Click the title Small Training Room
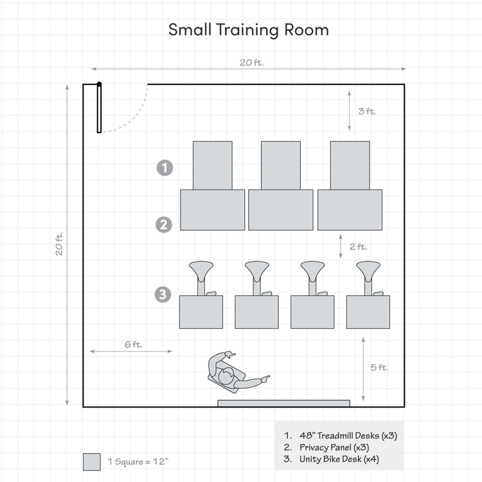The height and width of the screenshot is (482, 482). tap(248, 30)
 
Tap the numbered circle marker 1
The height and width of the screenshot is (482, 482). tap(165, 168)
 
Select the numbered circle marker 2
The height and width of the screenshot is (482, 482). tap(164, 224)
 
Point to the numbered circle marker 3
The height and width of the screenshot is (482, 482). tap(163, 294)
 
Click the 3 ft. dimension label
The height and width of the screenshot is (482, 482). tap(367, 111)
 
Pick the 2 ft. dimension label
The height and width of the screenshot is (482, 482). tap(358, 247)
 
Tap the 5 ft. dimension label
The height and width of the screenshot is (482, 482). tap(379, 368)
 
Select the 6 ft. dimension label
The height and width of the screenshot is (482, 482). tap(134, 344)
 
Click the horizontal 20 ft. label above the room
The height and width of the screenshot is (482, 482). tap(252, 63)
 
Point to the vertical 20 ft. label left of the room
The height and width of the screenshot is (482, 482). tap(59, 244)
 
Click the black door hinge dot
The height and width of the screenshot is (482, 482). tap(99, 84)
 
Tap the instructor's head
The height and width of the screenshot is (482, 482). tap(226, 376)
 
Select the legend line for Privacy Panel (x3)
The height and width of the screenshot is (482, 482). tap(326, 447)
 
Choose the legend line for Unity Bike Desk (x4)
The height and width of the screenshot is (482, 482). tap(332, 459)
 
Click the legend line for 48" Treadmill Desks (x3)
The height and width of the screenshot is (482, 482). tap(341, 436)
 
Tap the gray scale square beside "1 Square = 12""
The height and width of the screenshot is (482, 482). tap(92, 461)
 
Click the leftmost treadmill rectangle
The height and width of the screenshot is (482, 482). tap(213, 165)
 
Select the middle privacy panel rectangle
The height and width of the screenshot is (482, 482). tap(281, 210)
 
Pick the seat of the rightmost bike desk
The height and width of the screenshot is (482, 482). tap(368, 270)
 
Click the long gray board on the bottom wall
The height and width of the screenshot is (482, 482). tap(283, 403)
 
